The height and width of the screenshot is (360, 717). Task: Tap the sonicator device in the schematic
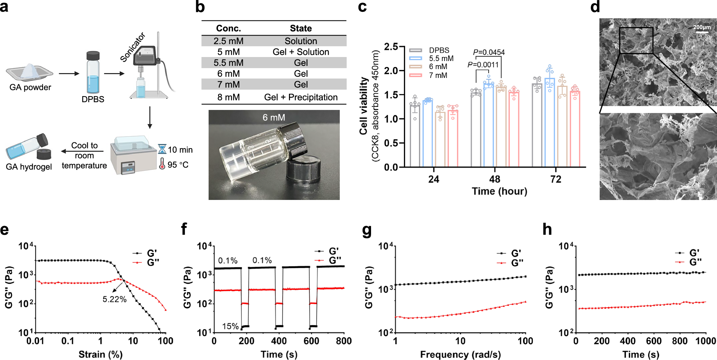click(145, 57)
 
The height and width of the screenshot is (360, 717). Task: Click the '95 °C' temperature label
click(178, 165)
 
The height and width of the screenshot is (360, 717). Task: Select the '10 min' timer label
click(180, 150)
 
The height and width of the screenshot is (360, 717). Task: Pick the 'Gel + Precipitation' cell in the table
click(301, 98)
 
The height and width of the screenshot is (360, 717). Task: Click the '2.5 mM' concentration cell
click(228, 41)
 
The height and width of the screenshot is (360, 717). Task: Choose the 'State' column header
click(301, 28)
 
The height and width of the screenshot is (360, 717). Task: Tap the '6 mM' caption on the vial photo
click(274, 118)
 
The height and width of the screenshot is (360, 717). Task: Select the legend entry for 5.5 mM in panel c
click(441, 58)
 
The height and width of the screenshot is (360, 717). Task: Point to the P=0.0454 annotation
click(489, 52)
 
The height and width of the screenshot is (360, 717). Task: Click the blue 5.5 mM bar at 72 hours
click(550, 122)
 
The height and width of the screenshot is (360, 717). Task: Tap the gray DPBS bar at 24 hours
click(415, 136)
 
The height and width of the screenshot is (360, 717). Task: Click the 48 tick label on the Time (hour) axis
click(495, 179)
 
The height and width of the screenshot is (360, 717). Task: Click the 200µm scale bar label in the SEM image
click(702, 27)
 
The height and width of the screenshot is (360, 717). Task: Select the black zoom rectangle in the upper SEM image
click(636, 41)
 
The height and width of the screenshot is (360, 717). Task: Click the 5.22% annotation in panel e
click(114, 299)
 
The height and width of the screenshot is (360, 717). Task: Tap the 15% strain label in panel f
click(230, 326)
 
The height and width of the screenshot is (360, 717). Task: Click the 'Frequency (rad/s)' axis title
click(460, 355)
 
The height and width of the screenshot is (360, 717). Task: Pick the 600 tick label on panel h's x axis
click(654, 341)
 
